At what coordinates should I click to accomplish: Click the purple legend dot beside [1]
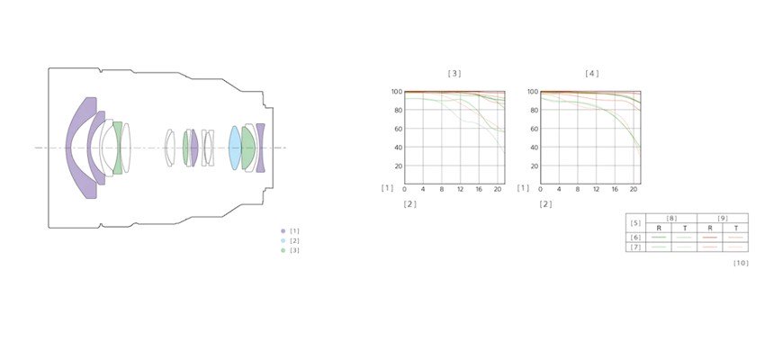click(x=283, y=230)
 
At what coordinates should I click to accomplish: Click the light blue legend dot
click(x=283, y=240)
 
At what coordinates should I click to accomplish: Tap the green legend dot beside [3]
click(x=283, y=250)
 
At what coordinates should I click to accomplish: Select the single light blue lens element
click(x=235, y=148)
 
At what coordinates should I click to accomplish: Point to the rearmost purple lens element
click(x=260, y=148)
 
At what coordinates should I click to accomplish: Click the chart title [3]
click(x=454, y=74)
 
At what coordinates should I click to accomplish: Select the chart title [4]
click(x=592, y=74)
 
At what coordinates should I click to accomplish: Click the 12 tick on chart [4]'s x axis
click(x=596, y=189)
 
